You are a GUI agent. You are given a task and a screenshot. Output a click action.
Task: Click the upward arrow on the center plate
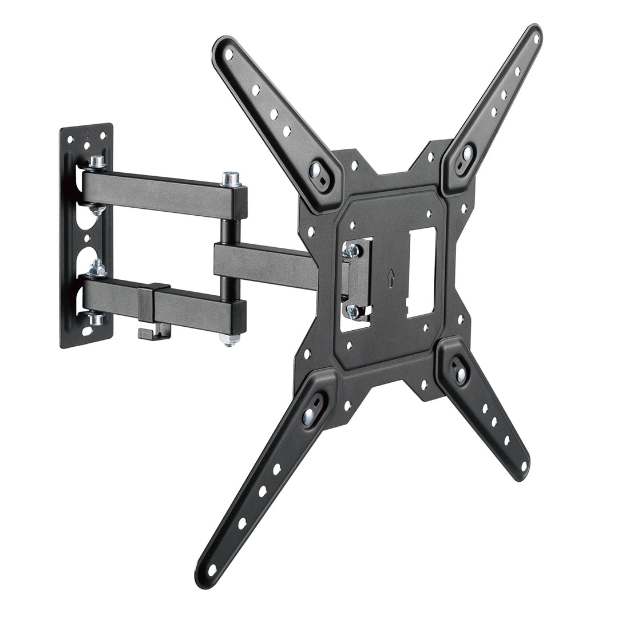[391, 278]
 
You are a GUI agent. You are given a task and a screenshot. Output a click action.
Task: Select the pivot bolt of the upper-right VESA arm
[466, 154]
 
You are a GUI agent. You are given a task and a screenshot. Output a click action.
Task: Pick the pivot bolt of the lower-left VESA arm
[310, 415]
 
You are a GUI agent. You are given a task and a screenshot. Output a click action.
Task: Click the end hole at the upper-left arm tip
[229, 54]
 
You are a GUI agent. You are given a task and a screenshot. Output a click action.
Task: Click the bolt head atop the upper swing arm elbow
[231, 178]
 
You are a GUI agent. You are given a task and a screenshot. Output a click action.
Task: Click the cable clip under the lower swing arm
[153, 330]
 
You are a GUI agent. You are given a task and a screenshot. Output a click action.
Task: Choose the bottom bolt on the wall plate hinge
[95, 319]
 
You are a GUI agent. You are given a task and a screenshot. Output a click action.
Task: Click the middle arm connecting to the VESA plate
[263, 265]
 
